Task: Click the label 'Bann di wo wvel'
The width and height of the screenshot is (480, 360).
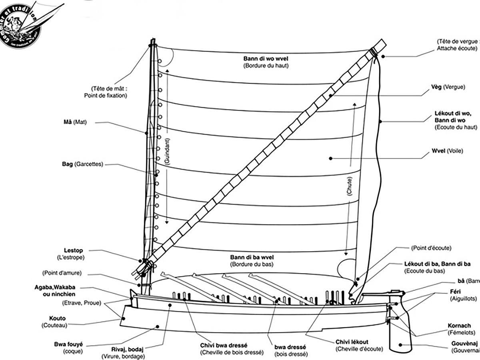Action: click(x=266, y=58)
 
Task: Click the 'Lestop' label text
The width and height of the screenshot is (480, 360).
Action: click(x=74, y=251)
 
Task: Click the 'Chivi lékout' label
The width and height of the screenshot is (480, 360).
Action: click(x=352, y=342)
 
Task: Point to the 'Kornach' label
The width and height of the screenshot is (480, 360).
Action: click(x=459, y=326)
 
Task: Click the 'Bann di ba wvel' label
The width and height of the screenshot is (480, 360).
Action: click(x=252, y=257)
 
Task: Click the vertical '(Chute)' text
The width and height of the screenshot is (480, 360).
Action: click(x=350, y=186)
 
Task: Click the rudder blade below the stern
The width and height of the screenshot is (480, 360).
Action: click(x=400, y=336)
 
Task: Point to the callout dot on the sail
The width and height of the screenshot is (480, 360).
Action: click(x=331, y=158)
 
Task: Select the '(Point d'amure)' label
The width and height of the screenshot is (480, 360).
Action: click(x=62, y=273)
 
